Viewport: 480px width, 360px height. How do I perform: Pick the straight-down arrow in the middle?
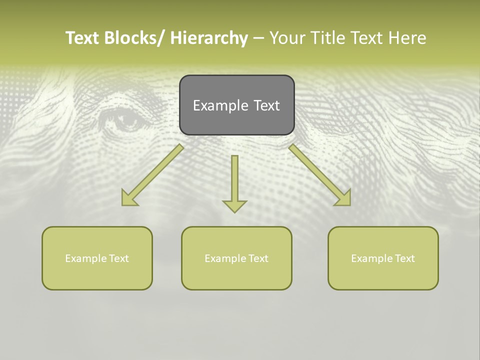tap(234, 180)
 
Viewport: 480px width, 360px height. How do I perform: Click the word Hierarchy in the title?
tap(209, 38)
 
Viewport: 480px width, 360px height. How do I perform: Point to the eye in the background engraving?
tap(123, 120)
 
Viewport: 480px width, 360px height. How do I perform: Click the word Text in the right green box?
tap(404, 258)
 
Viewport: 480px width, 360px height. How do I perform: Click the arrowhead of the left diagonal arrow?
tap(129, 198)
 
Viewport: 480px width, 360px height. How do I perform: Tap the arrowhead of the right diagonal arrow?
tap(343, 197)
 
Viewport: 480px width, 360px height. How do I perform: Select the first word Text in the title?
tap(83, 38)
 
